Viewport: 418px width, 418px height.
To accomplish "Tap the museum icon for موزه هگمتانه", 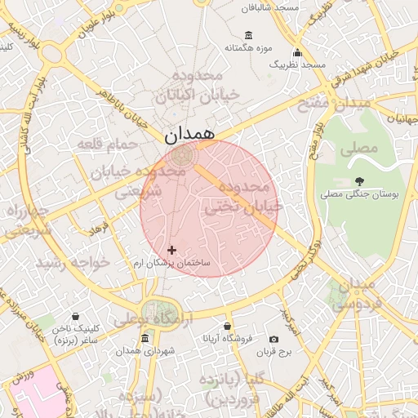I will point(248,36).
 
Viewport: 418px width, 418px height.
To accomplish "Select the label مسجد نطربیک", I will point(298,64).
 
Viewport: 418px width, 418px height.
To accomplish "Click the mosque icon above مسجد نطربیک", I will point(297,52).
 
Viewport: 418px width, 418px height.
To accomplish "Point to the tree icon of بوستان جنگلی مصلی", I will point(360,181).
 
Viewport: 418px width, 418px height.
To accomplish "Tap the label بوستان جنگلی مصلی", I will point(359,194).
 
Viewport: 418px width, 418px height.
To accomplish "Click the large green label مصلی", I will point(359,149).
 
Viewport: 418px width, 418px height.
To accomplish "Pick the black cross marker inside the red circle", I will point(171,250).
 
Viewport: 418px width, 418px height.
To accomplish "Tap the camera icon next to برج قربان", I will point(273,339).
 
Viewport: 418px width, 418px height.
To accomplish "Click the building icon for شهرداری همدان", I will point(145,339).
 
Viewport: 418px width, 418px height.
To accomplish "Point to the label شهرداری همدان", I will point(145,351).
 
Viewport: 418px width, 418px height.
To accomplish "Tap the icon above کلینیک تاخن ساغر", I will point(75,316).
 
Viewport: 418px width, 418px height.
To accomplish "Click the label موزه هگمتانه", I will point(248,48).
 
